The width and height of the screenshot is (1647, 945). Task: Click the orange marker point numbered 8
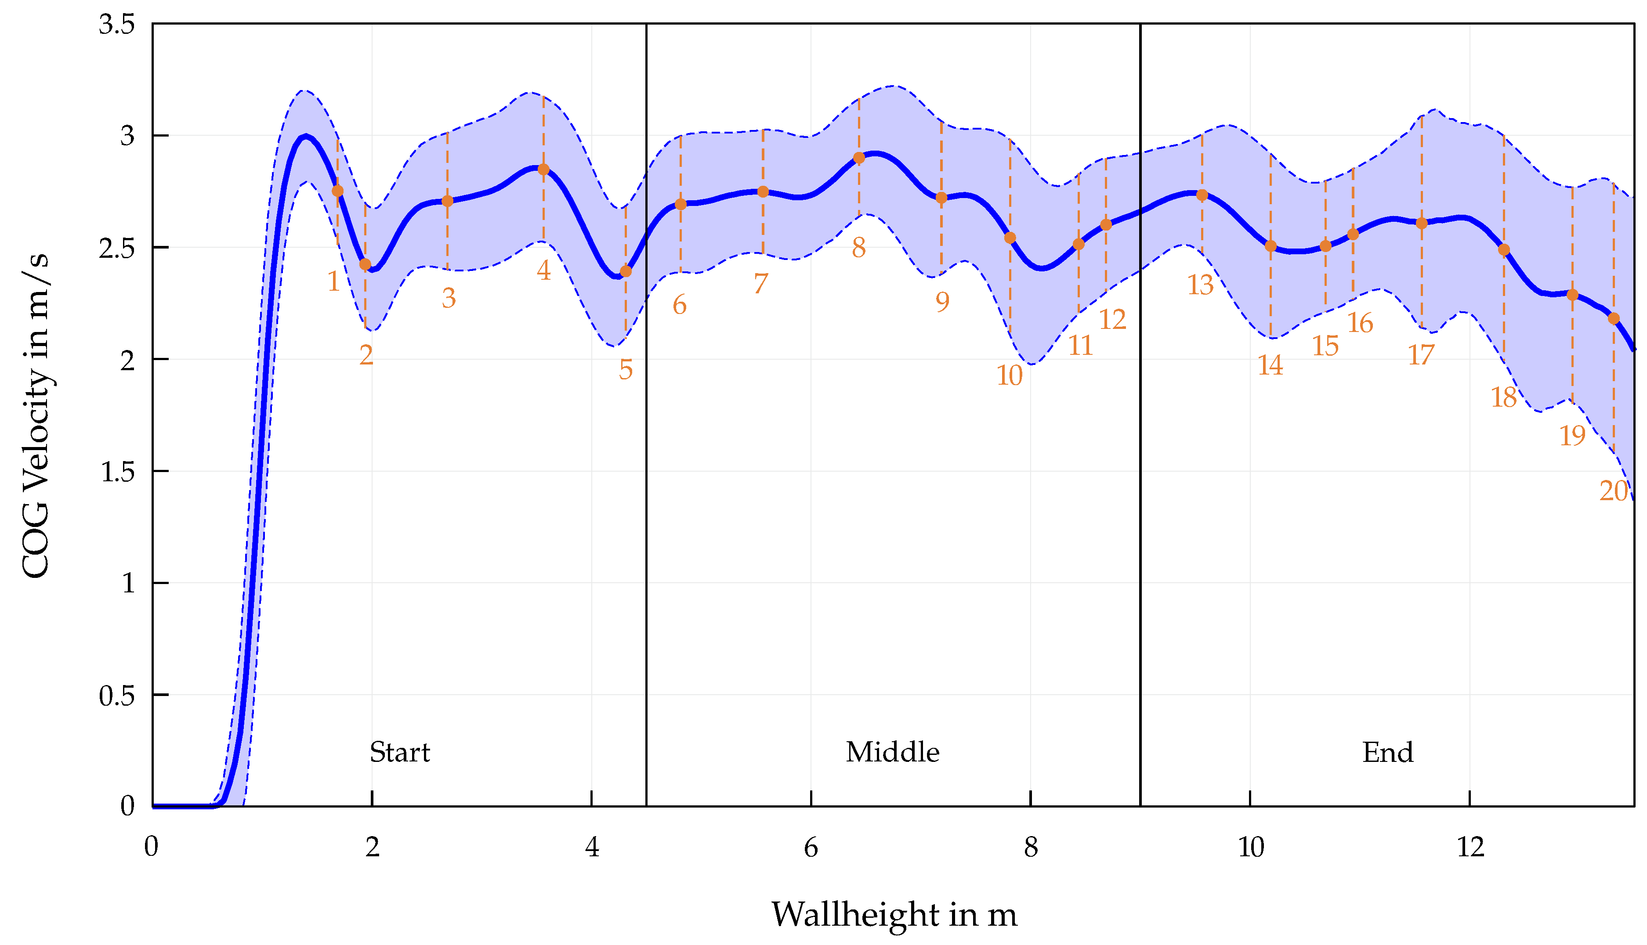[859, 158]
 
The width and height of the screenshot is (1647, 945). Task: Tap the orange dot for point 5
[625, 271]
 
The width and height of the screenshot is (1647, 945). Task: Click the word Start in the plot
[399, 752]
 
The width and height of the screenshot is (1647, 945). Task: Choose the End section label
[1387, 752]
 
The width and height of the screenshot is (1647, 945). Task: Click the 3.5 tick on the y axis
[117, 25]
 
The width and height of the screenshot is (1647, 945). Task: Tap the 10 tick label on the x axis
[1250, 847]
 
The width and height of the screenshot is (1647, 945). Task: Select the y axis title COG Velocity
[36, 415]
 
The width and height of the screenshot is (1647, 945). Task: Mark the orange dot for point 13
[1202, 195]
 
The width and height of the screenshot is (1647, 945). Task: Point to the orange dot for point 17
[1421, 223]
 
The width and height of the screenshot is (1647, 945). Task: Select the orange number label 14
[1270, 365]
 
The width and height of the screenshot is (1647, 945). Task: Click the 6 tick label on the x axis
[811, 847]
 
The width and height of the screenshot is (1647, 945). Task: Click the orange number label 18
[1503, 397]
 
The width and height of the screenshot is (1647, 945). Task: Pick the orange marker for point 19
[1572, 295]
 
